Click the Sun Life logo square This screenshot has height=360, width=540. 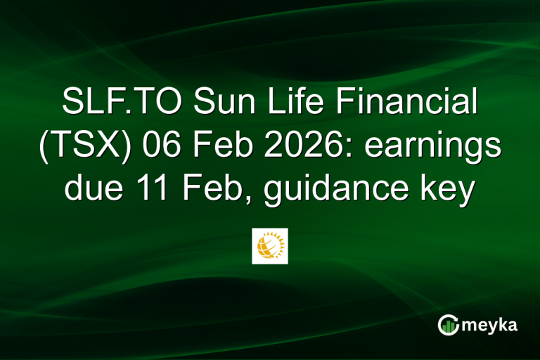coord(270,246)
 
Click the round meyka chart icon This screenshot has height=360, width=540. coord(448,324)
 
